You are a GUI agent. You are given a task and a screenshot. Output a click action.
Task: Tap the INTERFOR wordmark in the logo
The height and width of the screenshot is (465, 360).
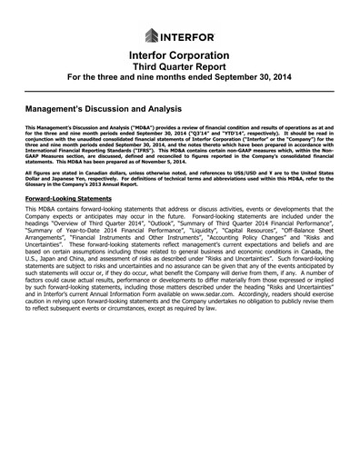[189, 36]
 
